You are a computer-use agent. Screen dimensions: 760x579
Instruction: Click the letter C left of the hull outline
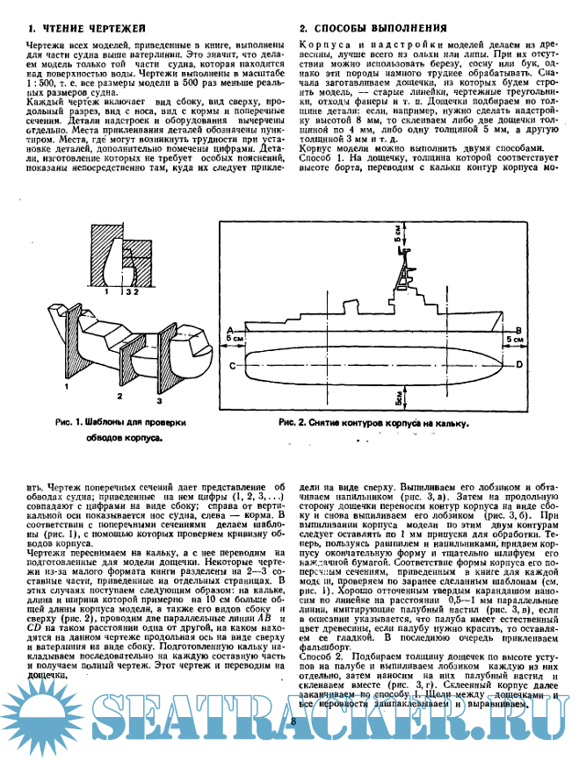point(230,364)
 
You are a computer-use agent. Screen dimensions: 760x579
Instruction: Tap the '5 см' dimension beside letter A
point(234,337)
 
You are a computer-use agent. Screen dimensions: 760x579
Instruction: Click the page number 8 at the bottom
point(291,721)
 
